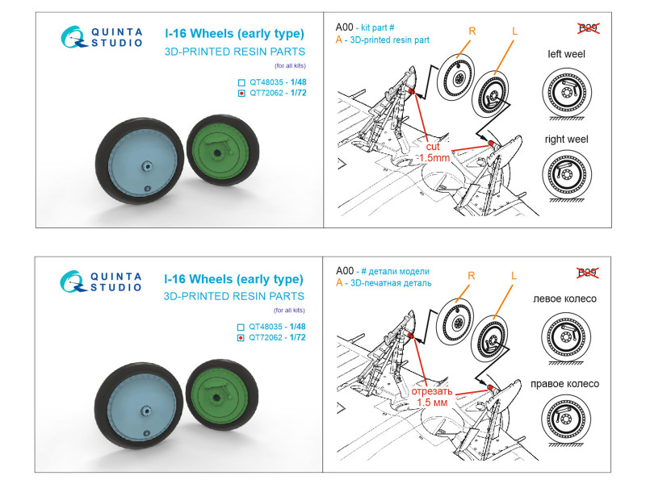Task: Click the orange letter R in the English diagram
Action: (472, 33)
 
